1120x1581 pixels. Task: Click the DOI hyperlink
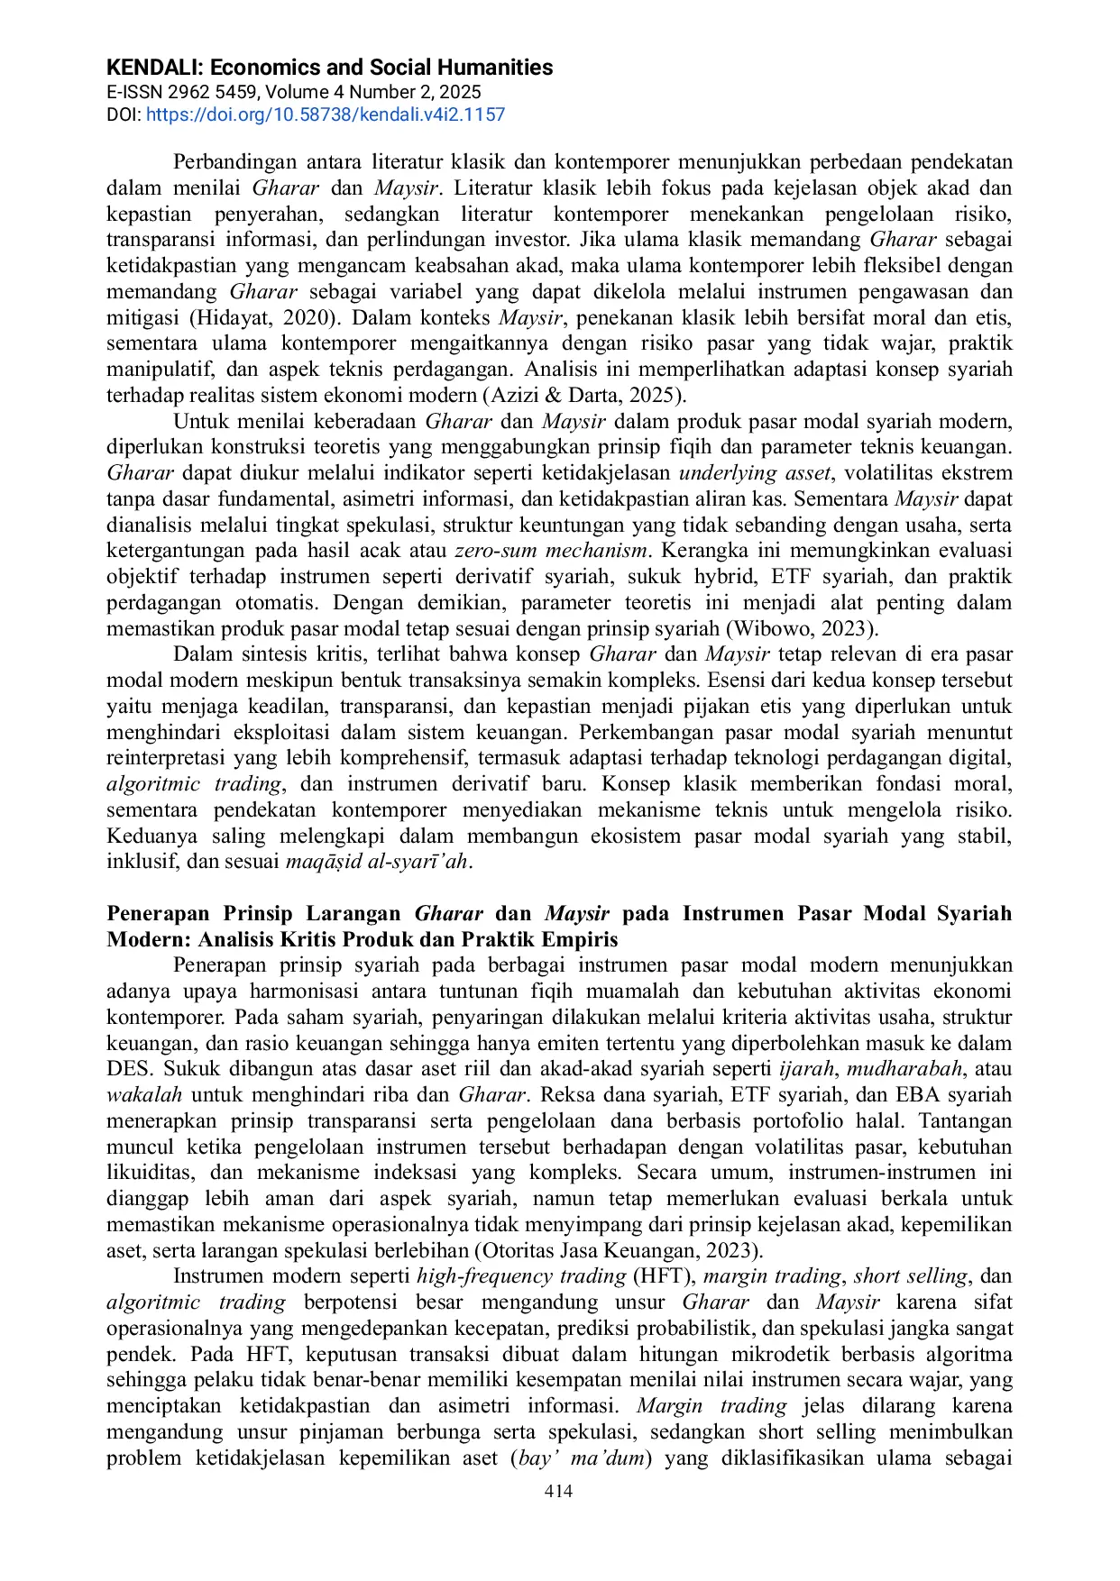coord(325,114)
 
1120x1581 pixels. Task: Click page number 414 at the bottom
coord(558,1491)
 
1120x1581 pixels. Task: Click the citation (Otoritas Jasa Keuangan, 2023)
coord(618,1251)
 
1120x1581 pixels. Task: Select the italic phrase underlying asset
coord(755,473)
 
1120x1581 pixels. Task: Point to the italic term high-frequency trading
coord(521,1276)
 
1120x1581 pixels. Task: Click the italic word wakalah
coord(144,1095)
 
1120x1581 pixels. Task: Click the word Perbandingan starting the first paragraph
coord(234,162)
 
